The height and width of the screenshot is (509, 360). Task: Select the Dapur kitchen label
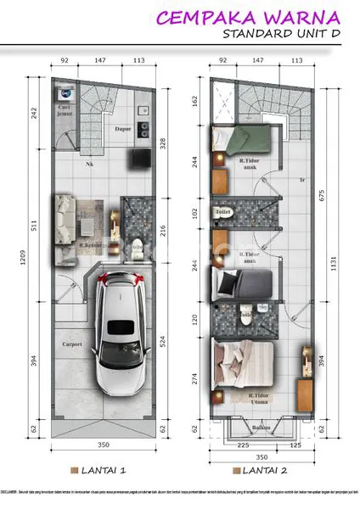(123, 129)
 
